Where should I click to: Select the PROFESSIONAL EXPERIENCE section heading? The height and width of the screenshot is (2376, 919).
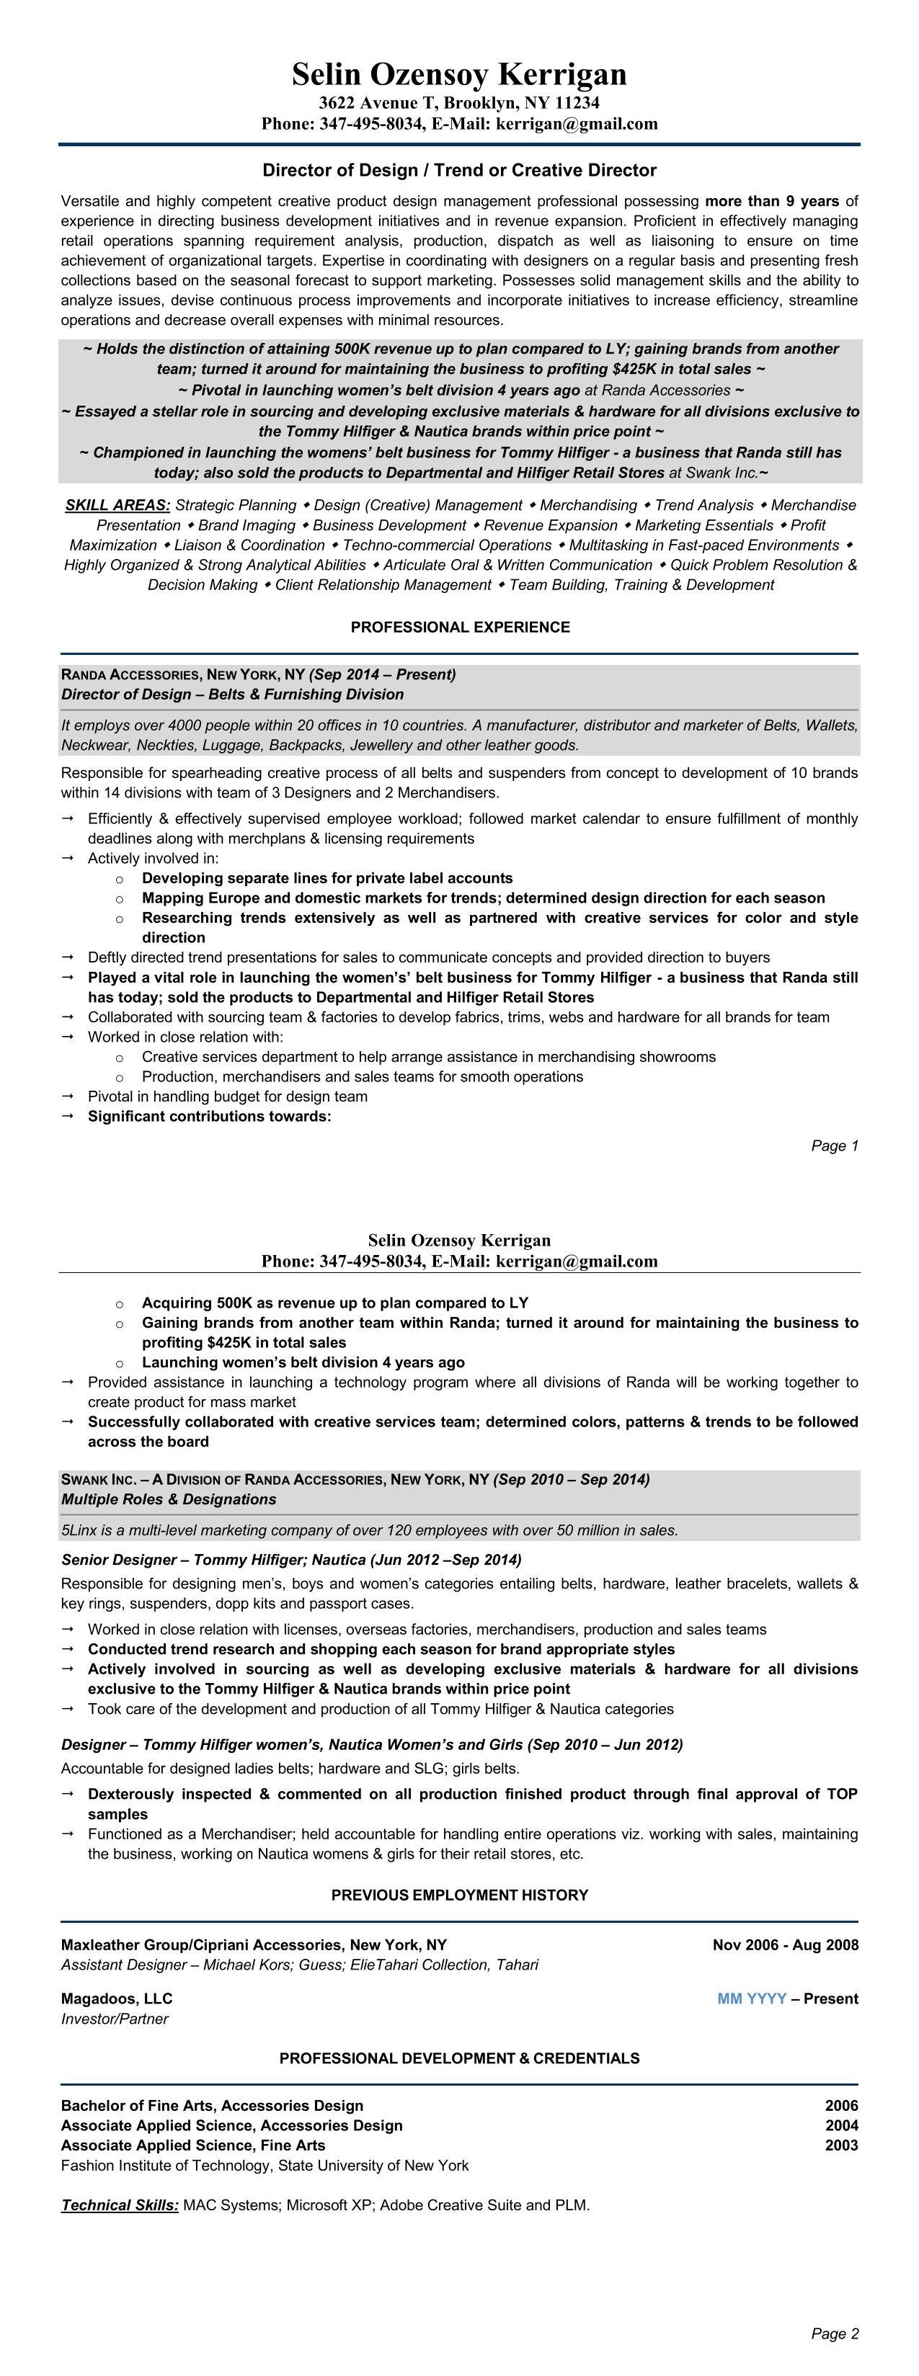click(460, 628)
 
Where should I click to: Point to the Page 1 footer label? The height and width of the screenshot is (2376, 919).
click(834, 1145)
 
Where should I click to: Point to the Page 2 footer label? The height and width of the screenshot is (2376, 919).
click(834, 2333)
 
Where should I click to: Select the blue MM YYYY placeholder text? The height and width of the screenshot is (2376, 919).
click(751, 1998)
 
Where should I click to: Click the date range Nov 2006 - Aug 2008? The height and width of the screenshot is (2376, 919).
click(785, 1945)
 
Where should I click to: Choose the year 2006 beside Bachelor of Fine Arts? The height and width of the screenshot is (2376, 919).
click(840, 2106)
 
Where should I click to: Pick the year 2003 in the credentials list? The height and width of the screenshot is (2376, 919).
click(840, 2145)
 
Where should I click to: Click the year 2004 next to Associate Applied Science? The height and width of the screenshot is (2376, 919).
click(840, 2125)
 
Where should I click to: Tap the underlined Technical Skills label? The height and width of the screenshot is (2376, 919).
click(120, 2205)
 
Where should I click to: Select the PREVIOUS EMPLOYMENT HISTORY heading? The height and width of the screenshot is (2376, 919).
click(460, 1895)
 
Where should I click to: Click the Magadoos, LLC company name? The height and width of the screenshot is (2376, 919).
click(116, 1998)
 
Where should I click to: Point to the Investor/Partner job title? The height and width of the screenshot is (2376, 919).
click(115, 2019)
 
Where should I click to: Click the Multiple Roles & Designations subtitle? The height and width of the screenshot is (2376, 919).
click(169, 1500)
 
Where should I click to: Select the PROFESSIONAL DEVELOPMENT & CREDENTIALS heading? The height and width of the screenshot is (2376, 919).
click(460, 2059)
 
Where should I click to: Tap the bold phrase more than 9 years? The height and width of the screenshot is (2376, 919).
click(771, 201)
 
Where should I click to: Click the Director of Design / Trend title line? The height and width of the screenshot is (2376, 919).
click(460, 171)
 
